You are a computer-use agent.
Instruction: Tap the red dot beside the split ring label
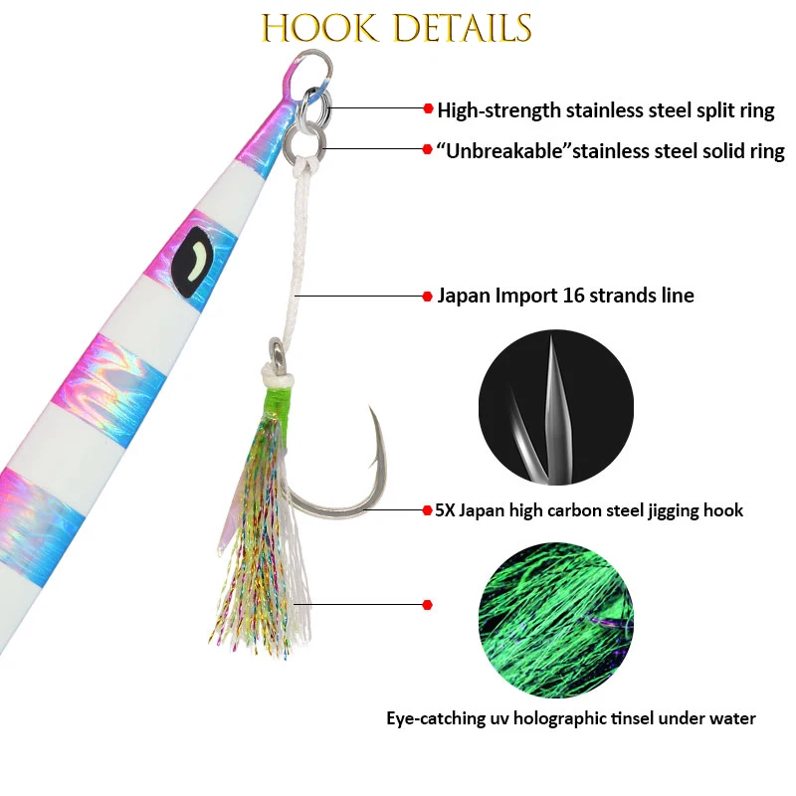[428, 108]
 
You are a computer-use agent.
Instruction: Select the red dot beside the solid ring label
[428, 150]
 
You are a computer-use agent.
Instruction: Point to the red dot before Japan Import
[428, 296]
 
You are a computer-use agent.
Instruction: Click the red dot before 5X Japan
[428, 509]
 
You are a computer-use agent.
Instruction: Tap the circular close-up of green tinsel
[555, 619]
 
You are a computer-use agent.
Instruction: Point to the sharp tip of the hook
[370, 408]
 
